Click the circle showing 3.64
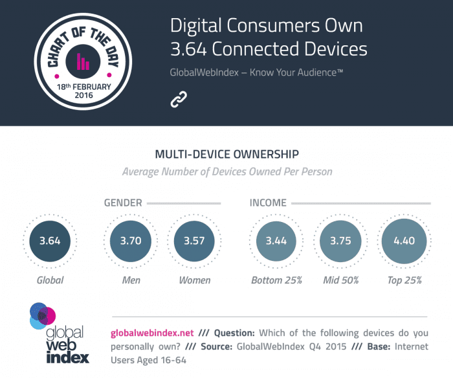coord(49,241)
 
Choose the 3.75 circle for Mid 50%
coord(340,241)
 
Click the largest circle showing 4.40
coord(404,241)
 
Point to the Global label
coord(49,280)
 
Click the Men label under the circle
coord(131,280)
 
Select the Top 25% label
coord(404,280)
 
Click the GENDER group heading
coord(123,203)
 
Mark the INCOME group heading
coord(268,203)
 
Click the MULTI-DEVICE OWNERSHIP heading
coord(227,155)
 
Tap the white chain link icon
coord(178,99)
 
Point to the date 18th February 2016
coord(83,91)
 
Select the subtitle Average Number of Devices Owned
coord(227,172)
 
